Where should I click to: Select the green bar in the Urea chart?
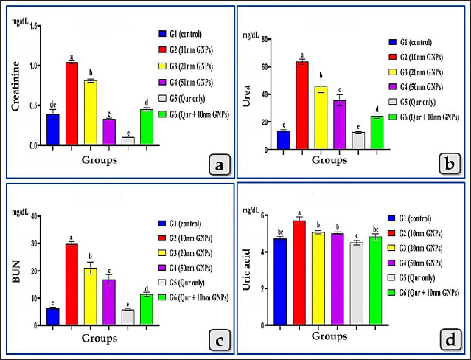pos(377,134)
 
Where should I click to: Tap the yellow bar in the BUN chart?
pos(90,296)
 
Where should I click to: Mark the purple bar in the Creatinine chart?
pos(109,132)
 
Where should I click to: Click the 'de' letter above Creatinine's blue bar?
pos(52,105)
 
